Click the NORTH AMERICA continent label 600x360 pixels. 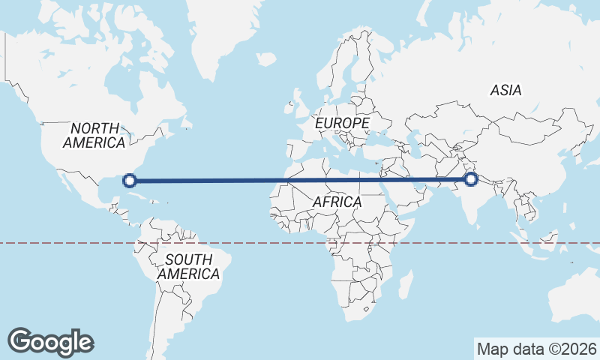click(94, 135)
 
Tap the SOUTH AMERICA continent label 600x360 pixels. click(188, 267)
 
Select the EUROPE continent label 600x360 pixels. click(342, 122)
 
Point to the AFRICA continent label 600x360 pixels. click(337, 202)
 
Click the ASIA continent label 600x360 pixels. click(505, 90)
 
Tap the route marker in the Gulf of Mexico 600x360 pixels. click(130, 180)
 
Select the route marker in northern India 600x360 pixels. click(471, 178)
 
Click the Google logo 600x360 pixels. click(50, 341)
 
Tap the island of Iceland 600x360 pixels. click(265, 58)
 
